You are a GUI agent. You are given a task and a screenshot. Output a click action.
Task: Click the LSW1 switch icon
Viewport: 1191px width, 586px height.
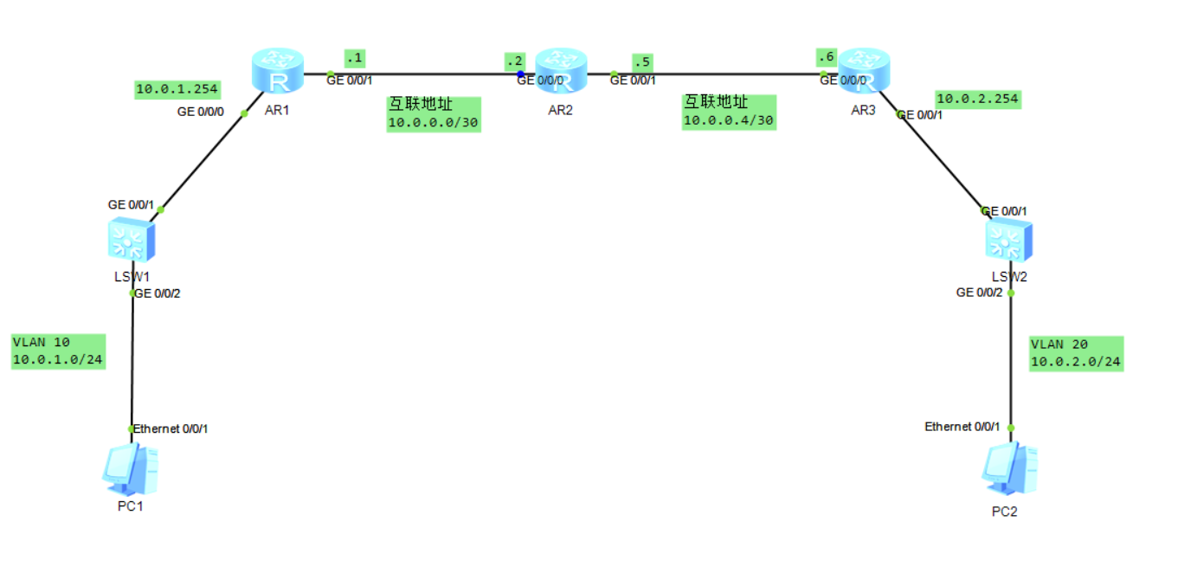(131, 239)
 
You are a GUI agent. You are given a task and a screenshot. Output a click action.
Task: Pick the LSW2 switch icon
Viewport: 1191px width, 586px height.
(1009, 240)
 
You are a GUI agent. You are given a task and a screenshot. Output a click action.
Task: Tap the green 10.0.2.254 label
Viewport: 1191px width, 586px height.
(977, 100)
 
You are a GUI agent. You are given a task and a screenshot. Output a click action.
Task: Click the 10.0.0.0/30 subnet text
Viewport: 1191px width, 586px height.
(433, 122)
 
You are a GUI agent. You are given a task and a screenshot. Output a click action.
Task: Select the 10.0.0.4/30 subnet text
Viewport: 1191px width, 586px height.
(728, 120)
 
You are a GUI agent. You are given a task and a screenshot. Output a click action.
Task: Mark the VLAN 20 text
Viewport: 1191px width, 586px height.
(1057, 345)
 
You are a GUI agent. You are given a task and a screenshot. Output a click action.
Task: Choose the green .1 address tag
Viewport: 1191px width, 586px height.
(354, 58)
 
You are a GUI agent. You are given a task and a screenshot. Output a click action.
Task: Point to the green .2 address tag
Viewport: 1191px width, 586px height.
(515, 61)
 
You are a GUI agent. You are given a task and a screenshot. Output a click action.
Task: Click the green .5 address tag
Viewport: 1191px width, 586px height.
(641, 61)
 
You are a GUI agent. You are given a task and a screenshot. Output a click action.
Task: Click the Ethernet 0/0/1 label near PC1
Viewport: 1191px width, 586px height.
(171, 428)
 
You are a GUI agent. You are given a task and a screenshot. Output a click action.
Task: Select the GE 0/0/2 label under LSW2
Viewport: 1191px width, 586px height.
(979, 293)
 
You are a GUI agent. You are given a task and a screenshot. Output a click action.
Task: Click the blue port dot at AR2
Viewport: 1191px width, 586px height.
(521, 74)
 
